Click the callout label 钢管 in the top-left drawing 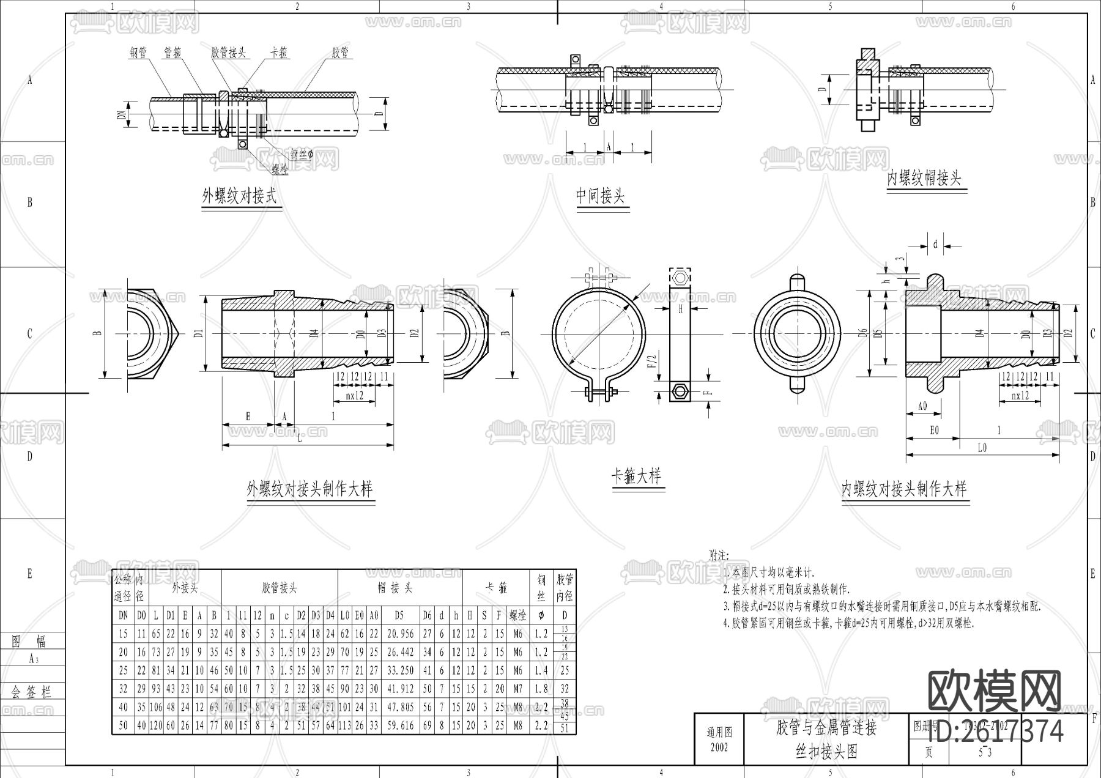click(138, 53)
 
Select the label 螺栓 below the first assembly click(280, 168)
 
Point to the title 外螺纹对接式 click(239, 196)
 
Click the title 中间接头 click(600, 196)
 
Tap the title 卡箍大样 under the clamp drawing click(636, 476)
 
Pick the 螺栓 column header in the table click(517, 615)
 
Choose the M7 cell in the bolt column click(517, 689)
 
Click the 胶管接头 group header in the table click(279, 588)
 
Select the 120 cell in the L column click(156, 725)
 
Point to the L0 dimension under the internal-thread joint click(982, 448)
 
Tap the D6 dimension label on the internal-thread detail click(863, 334)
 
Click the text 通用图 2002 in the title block click(719, 739)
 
